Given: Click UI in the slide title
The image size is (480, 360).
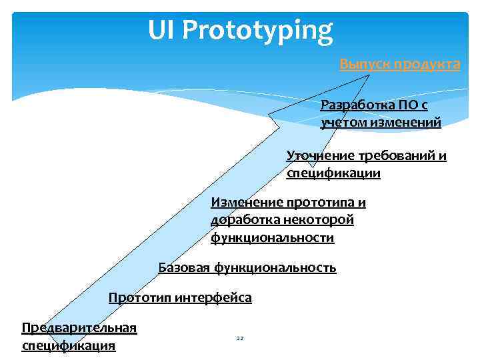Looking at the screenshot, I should tap(161, 30).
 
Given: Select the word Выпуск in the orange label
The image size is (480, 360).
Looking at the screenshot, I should tap(365, 64).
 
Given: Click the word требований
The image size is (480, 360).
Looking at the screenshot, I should tap(395, 156).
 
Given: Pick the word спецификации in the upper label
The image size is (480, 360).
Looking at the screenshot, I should tap(333, 173).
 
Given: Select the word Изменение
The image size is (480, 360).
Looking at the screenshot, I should tap(246, 203).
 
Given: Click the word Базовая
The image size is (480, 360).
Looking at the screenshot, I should tap(183, 268).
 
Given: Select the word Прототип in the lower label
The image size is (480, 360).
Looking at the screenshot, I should tap(140, 297).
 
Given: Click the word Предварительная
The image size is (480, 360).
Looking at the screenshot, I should tap(79, 327).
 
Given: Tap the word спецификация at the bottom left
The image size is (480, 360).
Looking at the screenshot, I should tap(69, 345).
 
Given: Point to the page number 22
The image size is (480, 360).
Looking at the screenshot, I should tap(240, 339).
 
